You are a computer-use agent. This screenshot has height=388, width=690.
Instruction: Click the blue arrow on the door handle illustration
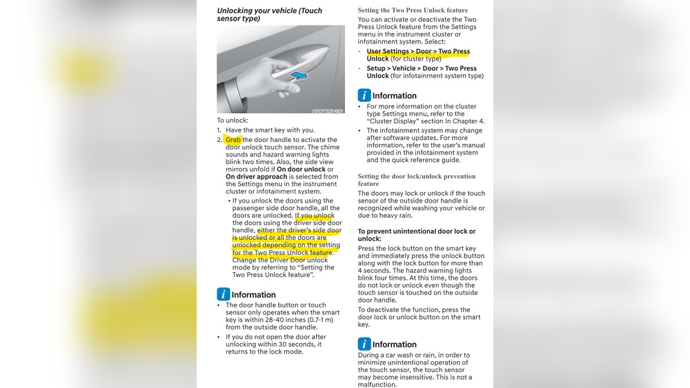(x=298, y=74)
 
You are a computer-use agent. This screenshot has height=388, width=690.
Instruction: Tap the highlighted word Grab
(x=233, y=140)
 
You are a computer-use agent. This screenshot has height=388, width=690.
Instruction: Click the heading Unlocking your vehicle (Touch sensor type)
(x=269, y=14)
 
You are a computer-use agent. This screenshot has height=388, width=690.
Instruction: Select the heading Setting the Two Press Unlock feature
(x=413, y=10)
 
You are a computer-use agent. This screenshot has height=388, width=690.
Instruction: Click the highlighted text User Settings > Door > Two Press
(x=418, y=52)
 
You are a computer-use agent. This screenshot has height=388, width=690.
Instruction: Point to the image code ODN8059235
(x=327, y=111)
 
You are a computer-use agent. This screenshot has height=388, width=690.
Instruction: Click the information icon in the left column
(x=223, y=294)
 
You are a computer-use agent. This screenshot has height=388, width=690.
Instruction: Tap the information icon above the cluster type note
(x=364, y=96)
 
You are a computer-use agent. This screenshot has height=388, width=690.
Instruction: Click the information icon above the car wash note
(x=364, y=344)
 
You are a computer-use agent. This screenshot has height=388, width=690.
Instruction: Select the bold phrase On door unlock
(x=301, y=170)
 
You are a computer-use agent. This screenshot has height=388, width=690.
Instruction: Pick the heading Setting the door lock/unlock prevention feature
(x=416, y=180)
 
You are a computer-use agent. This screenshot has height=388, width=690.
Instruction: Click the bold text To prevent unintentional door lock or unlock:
(x=416, y=235)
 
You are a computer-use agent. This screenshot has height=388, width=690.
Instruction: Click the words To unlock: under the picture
(x=232, y=121)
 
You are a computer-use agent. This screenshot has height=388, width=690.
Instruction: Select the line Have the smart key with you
(x=270, y=130)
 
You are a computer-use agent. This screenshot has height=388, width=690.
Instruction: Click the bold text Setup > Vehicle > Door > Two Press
(x=422, y=68)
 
